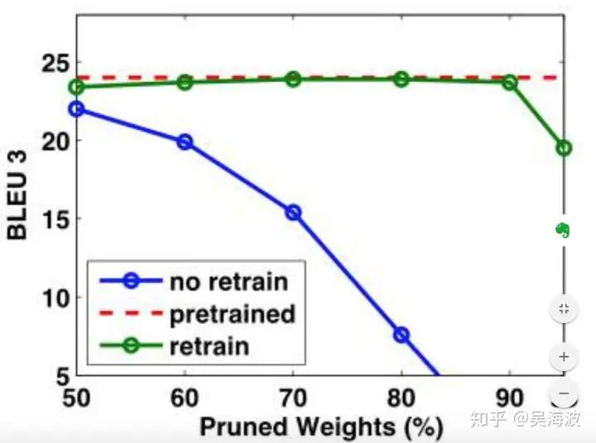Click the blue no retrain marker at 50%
tap(78, 109)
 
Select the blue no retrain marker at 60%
tap(185, 142)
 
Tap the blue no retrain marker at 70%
tap(292, 213)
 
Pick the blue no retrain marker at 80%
tap(401, 335)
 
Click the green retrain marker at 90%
tap(509, 82)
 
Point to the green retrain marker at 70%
tap(292, 79)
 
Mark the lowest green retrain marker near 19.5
tap(564, 147)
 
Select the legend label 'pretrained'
tap(232, 314)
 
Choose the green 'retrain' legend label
tap(209, 344)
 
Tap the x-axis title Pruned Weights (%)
tap(320, 427)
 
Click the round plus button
tap(564, 357)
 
